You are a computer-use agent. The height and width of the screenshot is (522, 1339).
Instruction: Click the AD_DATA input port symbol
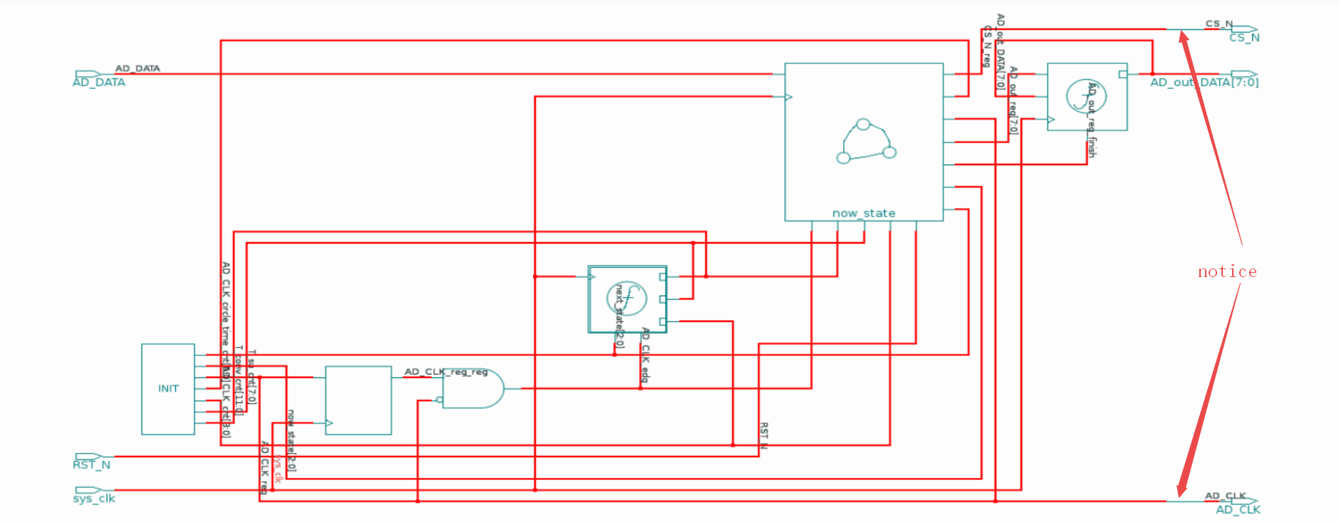[88, 74]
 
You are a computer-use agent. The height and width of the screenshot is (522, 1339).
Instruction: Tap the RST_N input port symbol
[88, 456]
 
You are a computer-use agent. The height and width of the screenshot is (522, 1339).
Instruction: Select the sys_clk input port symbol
[88, 490]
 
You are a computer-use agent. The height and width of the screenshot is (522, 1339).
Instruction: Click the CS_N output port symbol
[1244, 29]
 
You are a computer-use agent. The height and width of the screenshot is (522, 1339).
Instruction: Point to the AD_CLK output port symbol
[1244, 501]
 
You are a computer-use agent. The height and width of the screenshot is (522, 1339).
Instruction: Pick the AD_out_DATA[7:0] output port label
[1204, 83]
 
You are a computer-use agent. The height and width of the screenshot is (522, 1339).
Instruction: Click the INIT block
[168, 389]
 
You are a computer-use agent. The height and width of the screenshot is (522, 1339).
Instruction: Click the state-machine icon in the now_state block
[865, 141]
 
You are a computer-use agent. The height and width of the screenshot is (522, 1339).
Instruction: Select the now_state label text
[864, 213]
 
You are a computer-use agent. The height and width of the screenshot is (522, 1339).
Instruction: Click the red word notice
[1227, 271]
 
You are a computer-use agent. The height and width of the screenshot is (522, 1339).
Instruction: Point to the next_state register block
[627, 299]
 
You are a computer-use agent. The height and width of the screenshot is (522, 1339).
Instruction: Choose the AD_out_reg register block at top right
[1087, 96]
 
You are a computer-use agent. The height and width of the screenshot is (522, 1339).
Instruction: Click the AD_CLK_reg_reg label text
[446, 372]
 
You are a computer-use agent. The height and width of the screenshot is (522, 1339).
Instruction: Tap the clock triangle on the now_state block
[788, 97]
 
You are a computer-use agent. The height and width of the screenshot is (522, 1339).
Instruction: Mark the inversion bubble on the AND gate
[440, 400]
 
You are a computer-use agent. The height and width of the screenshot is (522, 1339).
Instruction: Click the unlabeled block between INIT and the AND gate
[358, 400]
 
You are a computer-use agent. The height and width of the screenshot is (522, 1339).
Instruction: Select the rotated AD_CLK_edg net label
[645, 355]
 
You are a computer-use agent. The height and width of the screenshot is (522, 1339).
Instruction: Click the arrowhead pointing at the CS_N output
[1184, 37]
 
